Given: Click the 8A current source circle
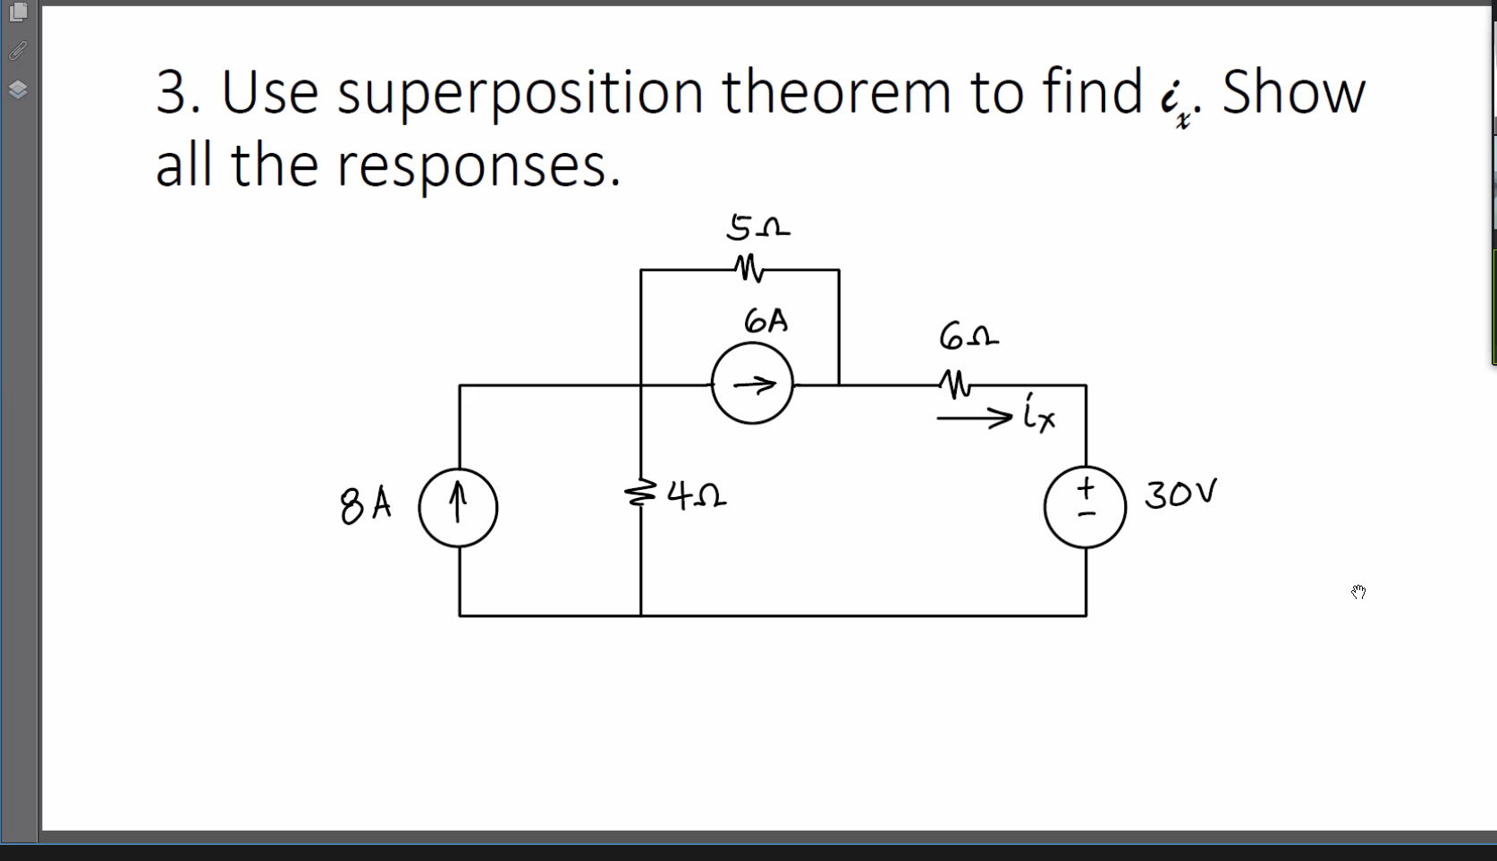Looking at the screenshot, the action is (x=458, y=508).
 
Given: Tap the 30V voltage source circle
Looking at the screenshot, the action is (x=1085, y=507).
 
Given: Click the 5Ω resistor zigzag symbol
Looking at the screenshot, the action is (x=748, y=268).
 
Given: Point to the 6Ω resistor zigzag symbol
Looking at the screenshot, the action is (x=956, y=384).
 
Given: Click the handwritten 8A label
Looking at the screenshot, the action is (x=365, y=505).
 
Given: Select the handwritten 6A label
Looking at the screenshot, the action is (x=765, y=321).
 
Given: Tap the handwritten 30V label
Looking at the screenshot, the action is (x=1180, y=493).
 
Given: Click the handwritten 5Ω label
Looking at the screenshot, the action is (x=757, y=227).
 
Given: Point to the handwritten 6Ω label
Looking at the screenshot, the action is (x=968, y=336).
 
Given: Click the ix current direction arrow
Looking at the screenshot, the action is (x=975, y=417).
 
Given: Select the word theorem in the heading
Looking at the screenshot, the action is (x=837, y=92).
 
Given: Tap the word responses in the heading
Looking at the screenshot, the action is (x=478, y=166).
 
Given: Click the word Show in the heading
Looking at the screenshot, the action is (x=1293, y=92).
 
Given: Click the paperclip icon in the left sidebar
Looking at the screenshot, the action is (x=18, y=51).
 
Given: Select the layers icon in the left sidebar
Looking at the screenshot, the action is (x=18, y=89).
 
